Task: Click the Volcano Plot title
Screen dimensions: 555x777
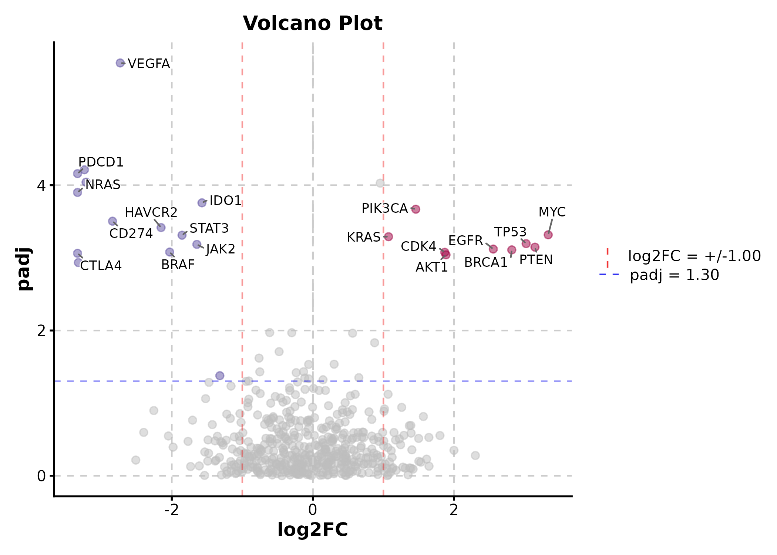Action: [x=313, y=23]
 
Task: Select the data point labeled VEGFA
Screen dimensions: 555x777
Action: [x=120, y=63]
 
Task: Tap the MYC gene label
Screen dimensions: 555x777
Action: [x=552, y=212]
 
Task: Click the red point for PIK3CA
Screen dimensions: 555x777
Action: [x=416, y=209]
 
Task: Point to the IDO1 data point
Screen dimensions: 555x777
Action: [x=202, y=203]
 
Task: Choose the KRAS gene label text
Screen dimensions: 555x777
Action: [x=364, y=237]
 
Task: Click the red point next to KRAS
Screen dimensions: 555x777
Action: [x=388, y=236]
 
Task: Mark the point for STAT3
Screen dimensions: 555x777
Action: [x=182, y=235]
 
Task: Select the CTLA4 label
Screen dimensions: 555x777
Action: [x=101, y=266]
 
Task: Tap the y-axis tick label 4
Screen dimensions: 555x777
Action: [x=41, y=185]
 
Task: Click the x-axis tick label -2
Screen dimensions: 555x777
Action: [x=171, y=510]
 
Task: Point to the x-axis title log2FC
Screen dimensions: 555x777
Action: [x=313, y=529]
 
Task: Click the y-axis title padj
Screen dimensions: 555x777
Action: [x=24, y=269]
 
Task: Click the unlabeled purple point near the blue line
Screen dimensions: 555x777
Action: [x=220, y=376]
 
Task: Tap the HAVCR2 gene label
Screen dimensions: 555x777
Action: [x=151, y=212]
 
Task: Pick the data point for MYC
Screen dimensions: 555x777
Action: [x=548, y=235]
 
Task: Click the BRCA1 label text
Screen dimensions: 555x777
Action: [x=486, y=262]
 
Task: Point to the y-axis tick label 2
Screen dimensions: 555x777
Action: [x=41, y=330]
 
